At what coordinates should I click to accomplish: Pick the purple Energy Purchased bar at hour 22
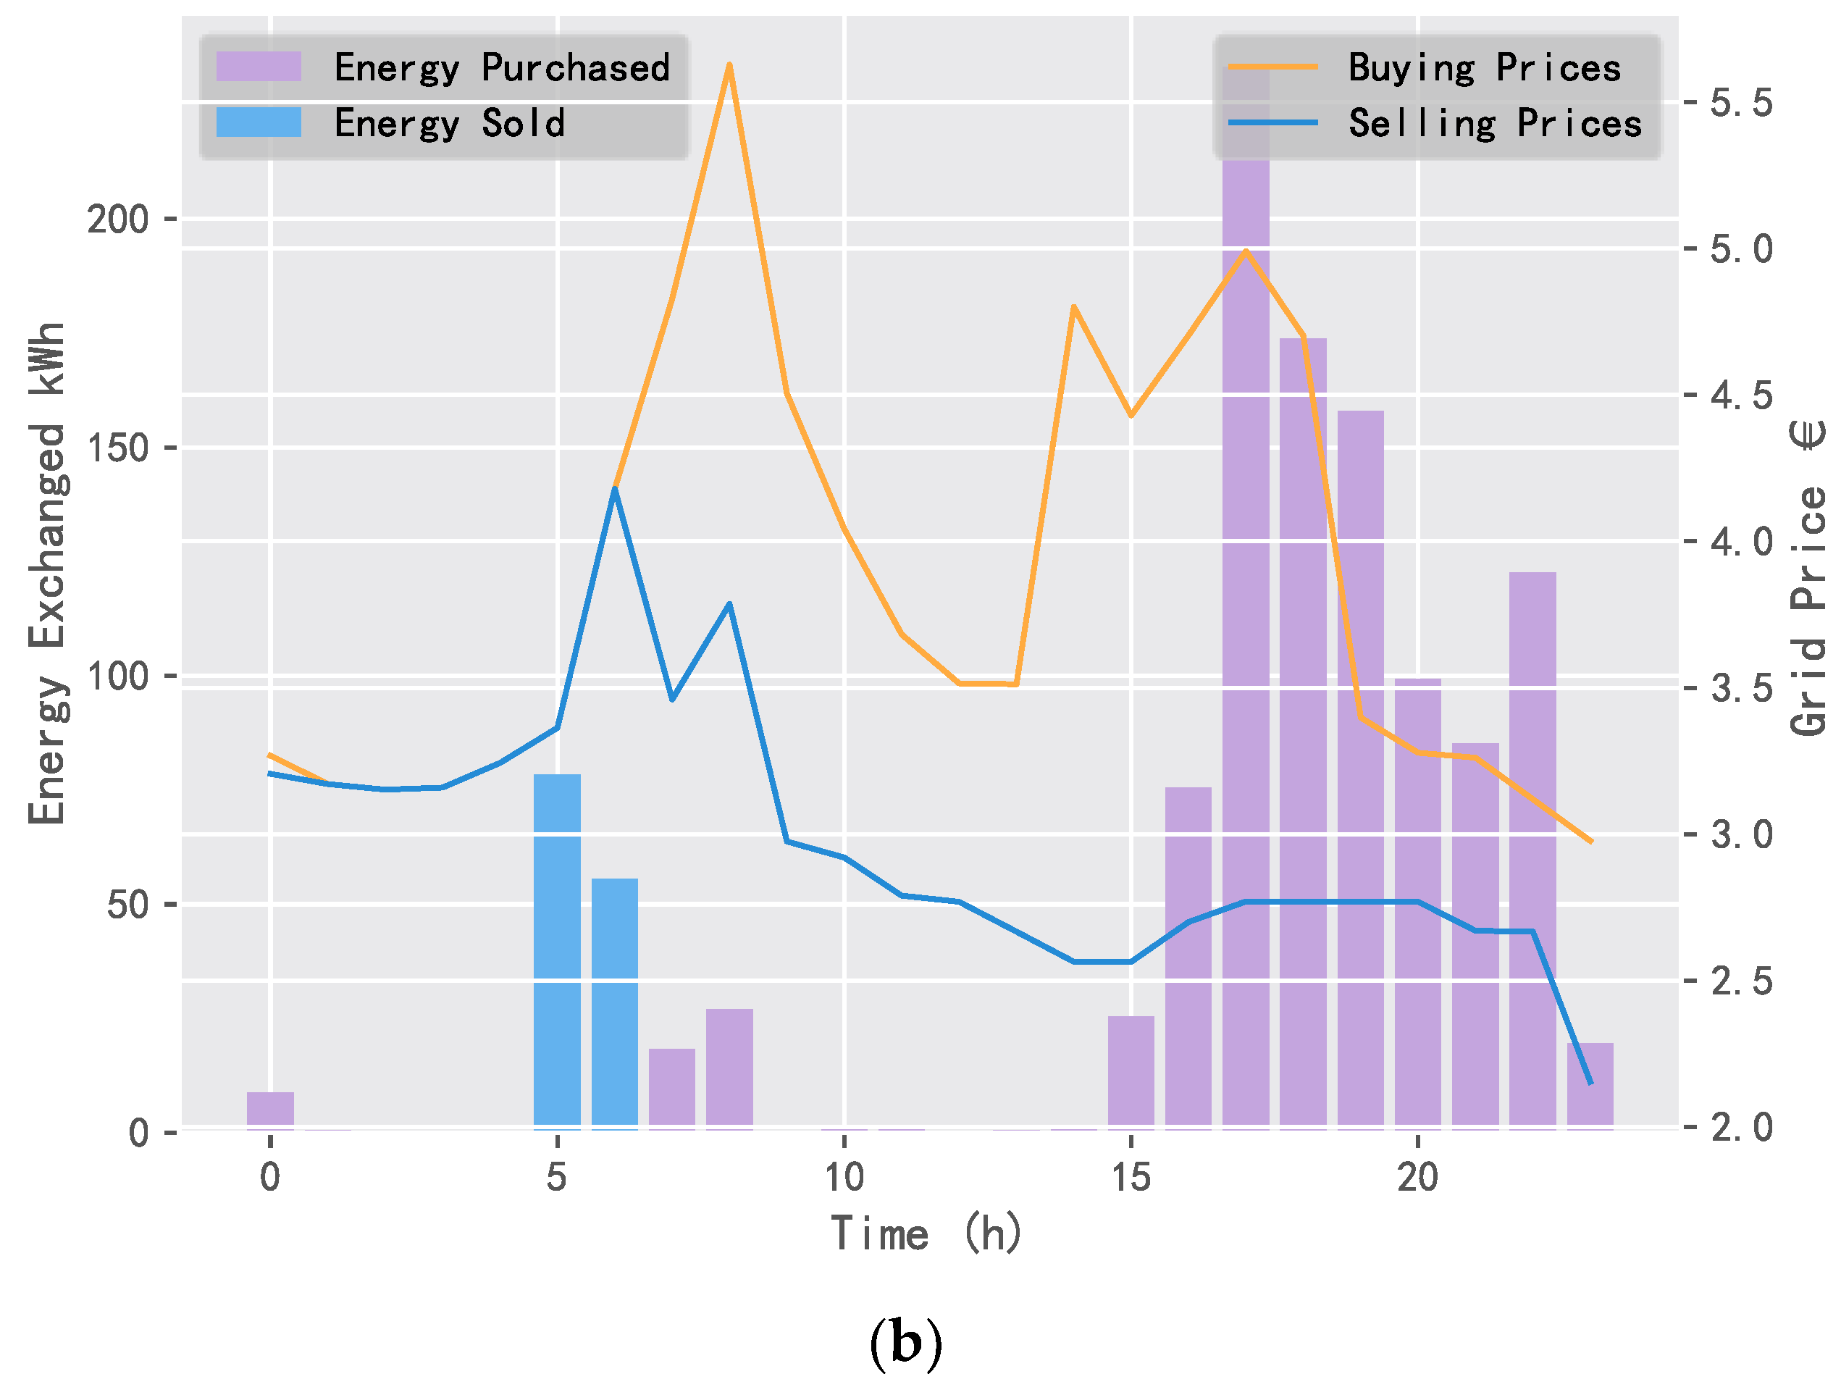point(1532,849)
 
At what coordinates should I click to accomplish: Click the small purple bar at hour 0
point(270,1110)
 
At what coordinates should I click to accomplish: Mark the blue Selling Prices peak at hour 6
point(614,489)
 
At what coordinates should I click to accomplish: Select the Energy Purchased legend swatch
point(258,67)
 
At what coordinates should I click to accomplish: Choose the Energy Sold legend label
point(450,123)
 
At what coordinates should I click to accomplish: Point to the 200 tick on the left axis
point(117,219)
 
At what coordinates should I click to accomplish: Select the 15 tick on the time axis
point(1131,1177)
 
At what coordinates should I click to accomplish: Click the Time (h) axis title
point(926,1233)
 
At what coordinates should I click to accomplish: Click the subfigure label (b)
point(905,1343)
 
